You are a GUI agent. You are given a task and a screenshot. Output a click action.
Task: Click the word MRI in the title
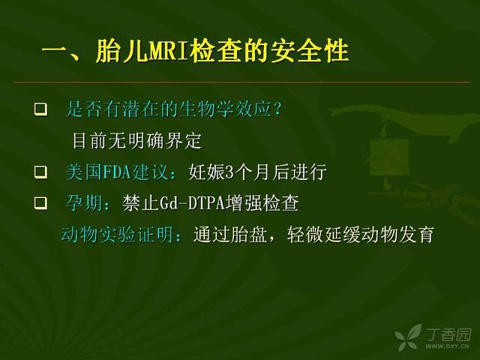(x=168, y=50)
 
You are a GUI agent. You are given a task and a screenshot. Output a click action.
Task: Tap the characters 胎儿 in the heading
(x=121, y=50)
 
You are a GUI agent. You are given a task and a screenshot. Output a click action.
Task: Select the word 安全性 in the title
(x=310, y=50)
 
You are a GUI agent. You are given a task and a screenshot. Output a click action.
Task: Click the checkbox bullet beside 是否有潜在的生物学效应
(x=40, y=109)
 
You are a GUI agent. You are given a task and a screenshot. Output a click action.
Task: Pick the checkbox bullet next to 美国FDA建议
(x=40, y=172)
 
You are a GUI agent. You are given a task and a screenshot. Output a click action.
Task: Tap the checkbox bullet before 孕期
(x=40, y=203)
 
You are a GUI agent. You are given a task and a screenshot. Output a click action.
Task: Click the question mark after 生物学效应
(x=277, y=109)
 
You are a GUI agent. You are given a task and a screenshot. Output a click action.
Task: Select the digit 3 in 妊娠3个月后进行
(x=229, y=172)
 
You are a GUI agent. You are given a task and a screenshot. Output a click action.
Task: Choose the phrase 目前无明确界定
(x=136, y=140)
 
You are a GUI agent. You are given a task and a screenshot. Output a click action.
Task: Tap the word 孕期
(x=84, y=203)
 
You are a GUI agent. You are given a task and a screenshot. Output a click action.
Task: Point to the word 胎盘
(x=249, y=235)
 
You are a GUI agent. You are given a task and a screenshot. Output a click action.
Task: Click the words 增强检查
(x=262, y=203)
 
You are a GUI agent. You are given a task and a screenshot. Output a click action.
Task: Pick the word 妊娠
(x=206, y=172)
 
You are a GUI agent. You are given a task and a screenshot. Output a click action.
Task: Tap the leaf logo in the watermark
(x=408, y=337)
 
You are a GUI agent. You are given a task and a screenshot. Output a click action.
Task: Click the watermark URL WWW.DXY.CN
(x=447, y=346)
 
